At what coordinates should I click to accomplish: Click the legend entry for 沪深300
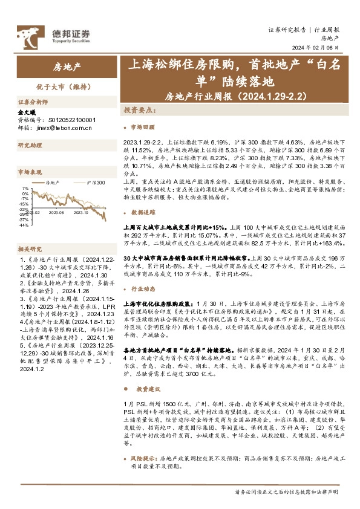point(92,182)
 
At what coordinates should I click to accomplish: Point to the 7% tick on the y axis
point(24,189)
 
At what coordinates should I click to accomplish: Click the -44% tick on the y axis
point(23,225)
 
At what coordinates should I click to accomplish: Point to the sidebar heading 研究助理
point(29,146)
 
